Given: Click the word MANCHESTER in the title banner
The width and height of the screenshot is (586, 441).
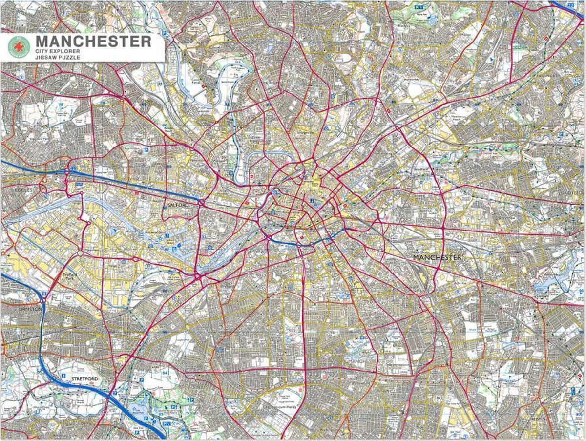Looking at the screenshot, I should (93, 42).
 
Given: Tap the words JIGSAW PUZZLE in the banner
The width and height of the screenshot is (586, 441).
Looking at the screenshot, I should (58, 57).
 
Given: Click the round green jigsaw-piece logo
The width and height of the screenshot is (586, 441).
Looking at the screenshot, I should (19, 47).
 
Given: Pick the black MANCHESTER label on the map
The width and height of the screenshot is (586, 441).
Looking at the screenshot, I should (437, 257).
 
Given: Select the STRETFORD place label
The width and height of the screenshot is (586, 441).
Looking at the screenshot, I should (78, 379).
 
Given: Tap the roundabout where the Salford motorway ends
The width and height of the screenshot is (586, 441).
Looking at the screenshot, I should (201, 201).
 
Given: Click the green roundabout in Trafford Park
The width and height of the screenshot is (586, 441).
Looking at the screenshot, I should (80, 253).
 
